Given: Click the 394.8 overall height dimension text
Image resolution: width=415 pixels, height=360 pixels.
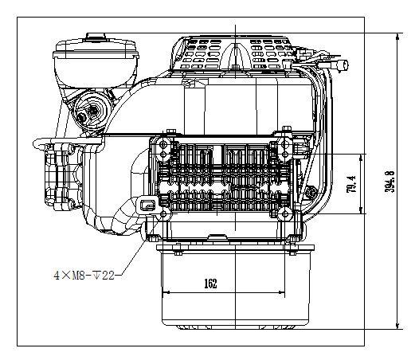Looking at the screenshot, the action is coord(390,181).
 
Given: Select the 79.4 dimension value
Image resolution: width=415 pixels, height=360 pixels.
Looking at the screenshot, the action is coord(351,184).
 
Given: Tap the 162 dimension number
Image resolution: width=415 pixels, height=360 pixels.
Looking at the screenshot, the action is coord(210,284).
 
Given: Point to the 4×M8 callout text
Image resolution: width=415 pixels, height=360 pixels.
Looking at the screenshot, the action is coord(69,276).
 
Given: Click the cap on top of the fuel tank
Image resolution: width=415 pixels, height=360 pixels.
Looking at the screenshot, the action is coord(96,37).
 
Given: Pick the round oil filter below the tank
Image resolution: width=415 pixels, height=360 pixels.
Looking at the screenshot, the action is coord(90,110).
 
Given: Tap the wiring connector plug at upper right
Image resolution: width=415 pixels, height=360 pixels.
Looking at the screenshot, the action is coord(343,65).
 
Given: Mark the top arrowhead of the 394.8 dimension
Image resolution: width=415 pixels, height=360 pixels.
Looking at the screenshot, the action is coord(397,37).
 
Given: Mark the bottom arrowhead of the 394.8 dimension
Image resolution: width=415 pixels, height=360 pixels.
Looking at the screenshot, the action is coord(397,326).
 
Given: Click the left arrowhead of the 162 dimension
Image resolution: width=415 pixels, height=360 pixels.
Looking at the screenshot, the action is coord(166,293).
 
